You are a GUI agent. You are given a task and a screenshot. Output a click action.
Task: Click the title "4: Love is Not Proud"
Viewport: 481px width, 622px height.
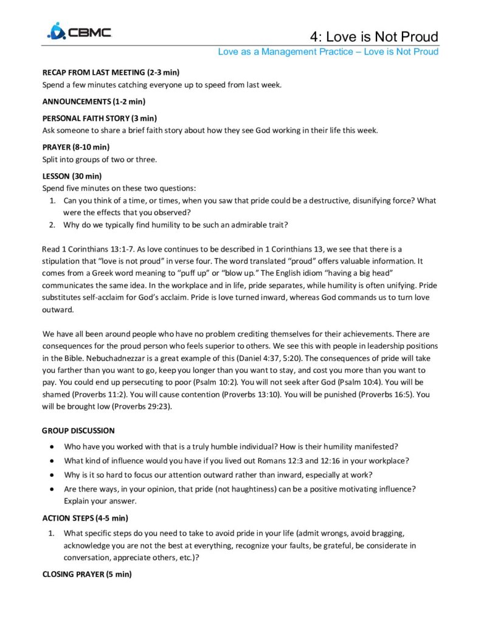pos(373,36)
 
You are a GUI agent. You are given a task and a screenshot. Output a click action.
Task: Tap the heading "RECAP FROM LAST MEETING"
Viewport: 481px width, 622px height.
pos(110,72)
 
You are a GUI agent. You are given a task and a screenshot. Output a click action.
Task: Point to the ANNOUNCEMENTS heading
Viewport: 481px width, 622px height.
pos(93,101)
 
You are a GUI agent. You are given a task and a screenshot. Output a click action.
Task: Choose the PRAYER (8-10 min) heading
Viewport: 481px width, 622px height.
pos(75,147)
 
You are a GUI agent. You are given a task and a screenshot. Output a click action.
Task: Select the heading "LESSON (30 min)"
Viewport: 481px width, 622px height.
pos(72,176)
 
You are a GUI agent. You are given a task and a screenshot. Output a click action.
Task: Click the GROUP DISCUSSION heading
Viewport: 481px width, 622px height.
pos(78,431)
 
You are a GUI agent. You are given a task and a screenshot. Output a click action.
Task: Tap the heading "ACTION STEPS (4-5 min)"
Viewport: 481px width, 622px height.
pos(85,518)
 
